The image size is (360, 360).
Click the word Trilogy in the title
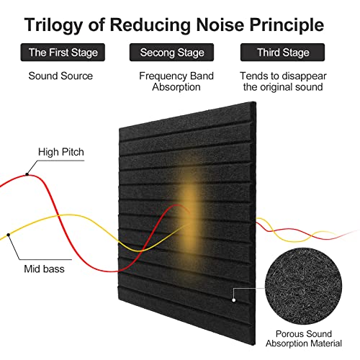(53, 25)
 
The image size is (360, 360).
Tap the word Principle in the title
(287, 25)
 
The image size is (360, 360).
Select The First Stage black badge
(63, 53)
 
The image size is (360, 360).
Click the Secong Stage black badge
(171, 53)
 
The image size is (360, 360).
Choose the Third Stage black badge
(282, 53)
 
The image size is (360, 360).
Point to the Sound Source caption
(60, 76)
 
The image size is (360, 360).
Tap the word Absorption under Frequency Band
(176, 87)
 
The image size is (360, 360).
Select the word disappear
(303, 76)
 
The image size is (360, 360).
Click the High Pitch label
(61, 152)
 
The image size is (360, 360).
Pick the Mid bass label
(44, 269)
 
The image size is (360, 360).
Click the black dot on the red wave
(27, 174)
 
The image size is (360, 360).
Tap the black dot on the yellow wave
(9, 235)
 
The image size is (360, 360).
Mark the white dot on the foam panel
(234, 300)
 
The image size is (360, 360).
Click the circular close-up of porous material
(303, 286)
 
